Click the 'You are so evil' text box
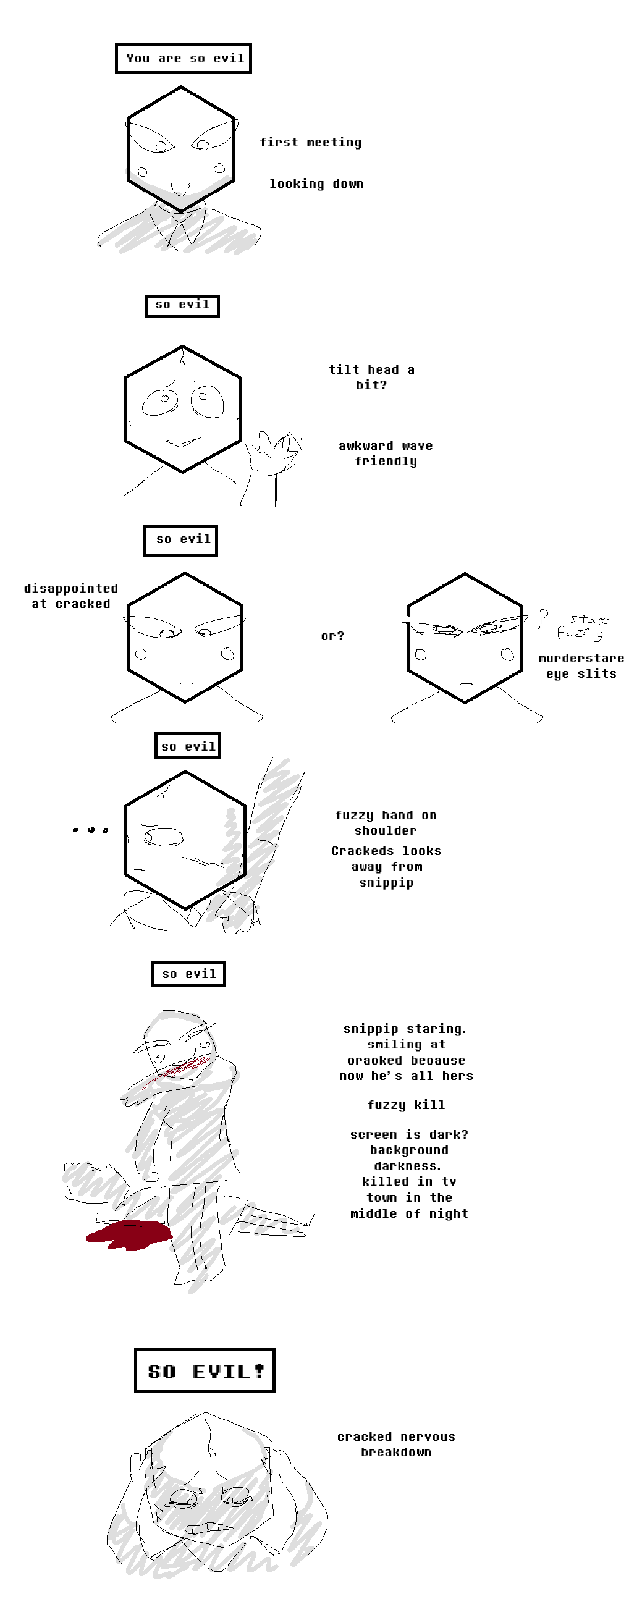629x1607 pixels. (x=184, y=59)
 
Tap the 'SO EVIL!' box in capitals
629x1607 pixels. (x=205, y=1370)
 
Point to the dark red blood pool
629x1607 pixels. (x=129, y=1234)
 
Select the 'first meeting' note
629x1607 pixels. (x=311, y=143)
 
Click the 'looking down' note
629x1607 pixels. (x=316, y=184)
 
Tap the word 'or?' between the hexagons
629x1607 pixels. (x=332, y=636)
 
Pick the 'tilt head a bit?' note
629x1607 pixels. (x=372, y=377)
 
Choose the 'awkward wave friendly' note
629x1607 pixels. (x=386, y=453)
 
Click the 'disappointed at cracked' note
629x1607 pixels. (x=70, y=596)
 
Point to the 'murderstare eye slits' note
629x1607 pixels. (x=581, y=666)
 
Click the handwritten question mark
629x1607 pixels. (x=543, y=619)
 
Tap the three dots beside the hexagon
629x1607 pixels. (x=90, y=830)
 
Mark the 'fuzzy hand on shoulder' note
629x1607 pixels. (x=386, y=823)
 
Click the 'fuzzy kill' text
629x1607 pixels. (x=406, y=1105)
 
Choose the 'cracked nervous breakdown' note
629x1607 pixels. (x=396, y=1444)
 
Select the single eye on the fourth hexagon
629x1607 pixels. (x=164, y=836)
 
